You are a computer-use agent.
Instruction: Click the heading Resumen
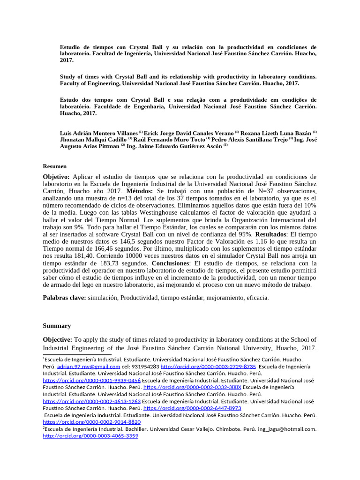coord(54,166)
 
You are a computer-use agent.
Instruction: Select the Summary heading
coord(57,326)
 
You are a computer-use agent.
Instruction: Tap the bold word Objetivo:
coord(56,177)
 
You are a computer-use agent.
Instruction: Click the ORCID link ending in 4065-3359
coord(90,436)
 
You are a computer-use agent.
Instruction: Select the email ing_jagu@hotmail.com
coord(291,429)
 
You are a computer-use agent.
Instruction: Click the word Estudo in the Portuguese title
coord(70,100)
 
